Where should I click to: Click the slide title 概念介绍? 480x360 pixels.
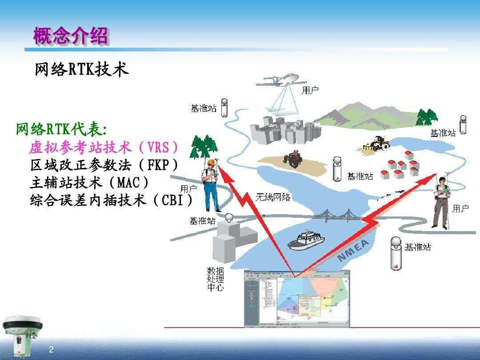(x=71, y=36)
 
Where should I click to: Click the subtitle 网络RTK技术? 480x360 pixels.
(x=82, y=69)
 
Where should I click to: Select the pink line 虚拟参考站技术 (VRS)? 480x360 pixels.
(x=105, y=147)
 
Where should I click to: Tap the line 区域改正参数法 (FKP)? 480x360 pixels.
(x=104, y=165)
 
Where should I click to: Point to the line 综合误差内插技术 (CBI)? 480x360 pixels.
(x=112, y=200)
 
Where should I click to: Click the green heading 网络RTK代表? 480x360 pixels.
(x=61, y=129)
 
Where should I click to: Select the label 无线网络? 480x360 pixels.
(x=273, y=197)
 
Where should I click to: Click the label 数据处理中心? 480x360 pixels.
(x=216, y=279)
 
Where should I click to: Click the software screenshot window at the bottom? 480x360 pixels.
(x=296, y=299)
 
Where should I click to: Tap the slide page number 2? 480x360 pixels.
(x=51, y=349)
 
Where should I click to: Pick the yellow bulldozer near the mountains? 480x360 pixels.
(x=376, y=144)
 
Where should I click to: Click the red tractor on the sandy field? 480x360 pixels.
(x=293, y=160)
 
